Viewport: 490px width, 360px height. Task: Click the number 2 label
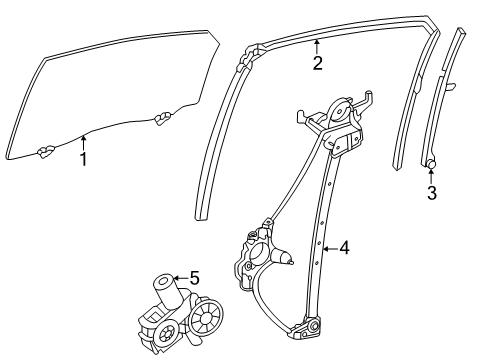pos(317,65)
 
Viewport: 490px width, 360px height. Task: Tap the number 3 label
pos(431,193)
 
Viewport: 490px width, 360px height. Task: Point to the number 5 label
pos(194,280)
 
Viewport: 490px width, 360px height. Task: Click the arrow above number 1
pos(85,143)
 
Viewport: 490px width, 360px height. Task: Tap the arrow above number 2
pos(317,47)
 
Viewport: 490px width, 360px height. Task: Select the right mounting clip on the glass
pos(161,122)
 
